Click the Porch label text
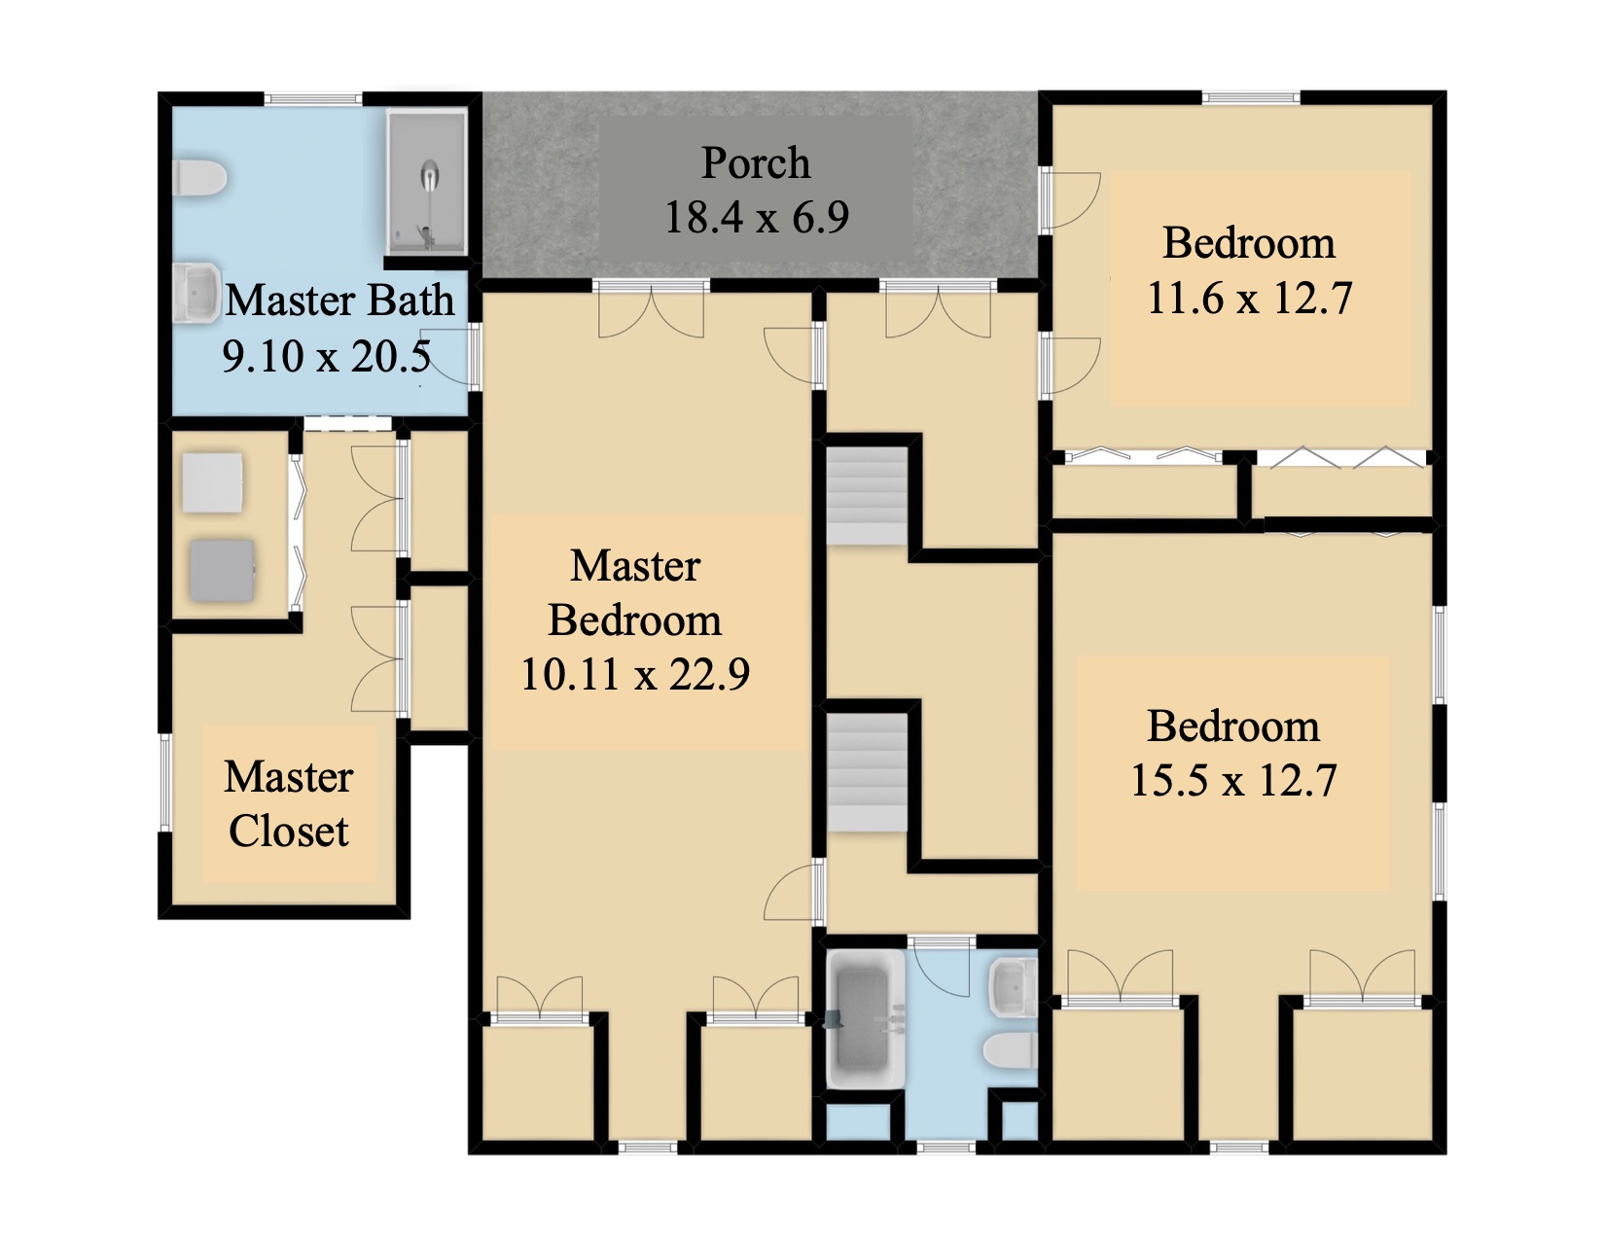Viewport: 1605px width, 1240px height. pos(755,163)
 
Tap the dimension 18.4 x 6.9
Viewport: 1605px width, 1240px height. pos(757,217)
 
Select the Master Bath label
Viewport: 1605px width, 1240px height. pos(339,301)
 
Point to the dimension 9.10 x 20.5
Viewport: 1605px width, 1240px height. pos(327,356)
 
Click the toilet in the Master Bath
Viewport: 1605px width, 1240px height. pos(199,179)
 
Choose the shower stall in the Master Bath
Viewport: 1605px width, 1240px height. pos(427,182)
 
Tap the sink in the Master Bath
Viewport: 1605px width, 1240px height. pos(197,293)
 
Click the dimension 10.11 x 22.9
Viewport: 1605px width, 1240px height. pos(635,674)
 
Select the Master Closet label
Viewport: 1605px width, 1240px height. pos(289,804)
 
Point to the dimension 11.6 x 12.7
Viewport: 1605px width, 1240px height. pos(1249,299)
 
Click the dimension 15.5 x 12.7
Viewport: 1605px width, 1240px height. pos(1233,781)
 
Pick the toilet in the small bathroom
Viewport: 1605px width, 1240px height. pos(1011,1049)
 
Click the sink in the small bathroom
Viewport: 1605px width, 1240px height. pos(1014,987)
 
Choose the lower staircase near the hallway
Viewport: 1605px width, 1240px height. pos(866,772)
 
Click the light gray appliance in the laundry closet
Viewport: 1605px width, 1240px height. pos(213,483)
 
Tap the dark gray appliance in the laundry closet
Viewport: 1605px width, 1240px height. pos(223,570)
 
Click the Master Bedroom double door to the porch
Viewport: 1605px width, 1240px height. pos(651,310)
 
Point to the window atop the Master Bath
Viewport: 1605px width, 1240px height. pos(313,99)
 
